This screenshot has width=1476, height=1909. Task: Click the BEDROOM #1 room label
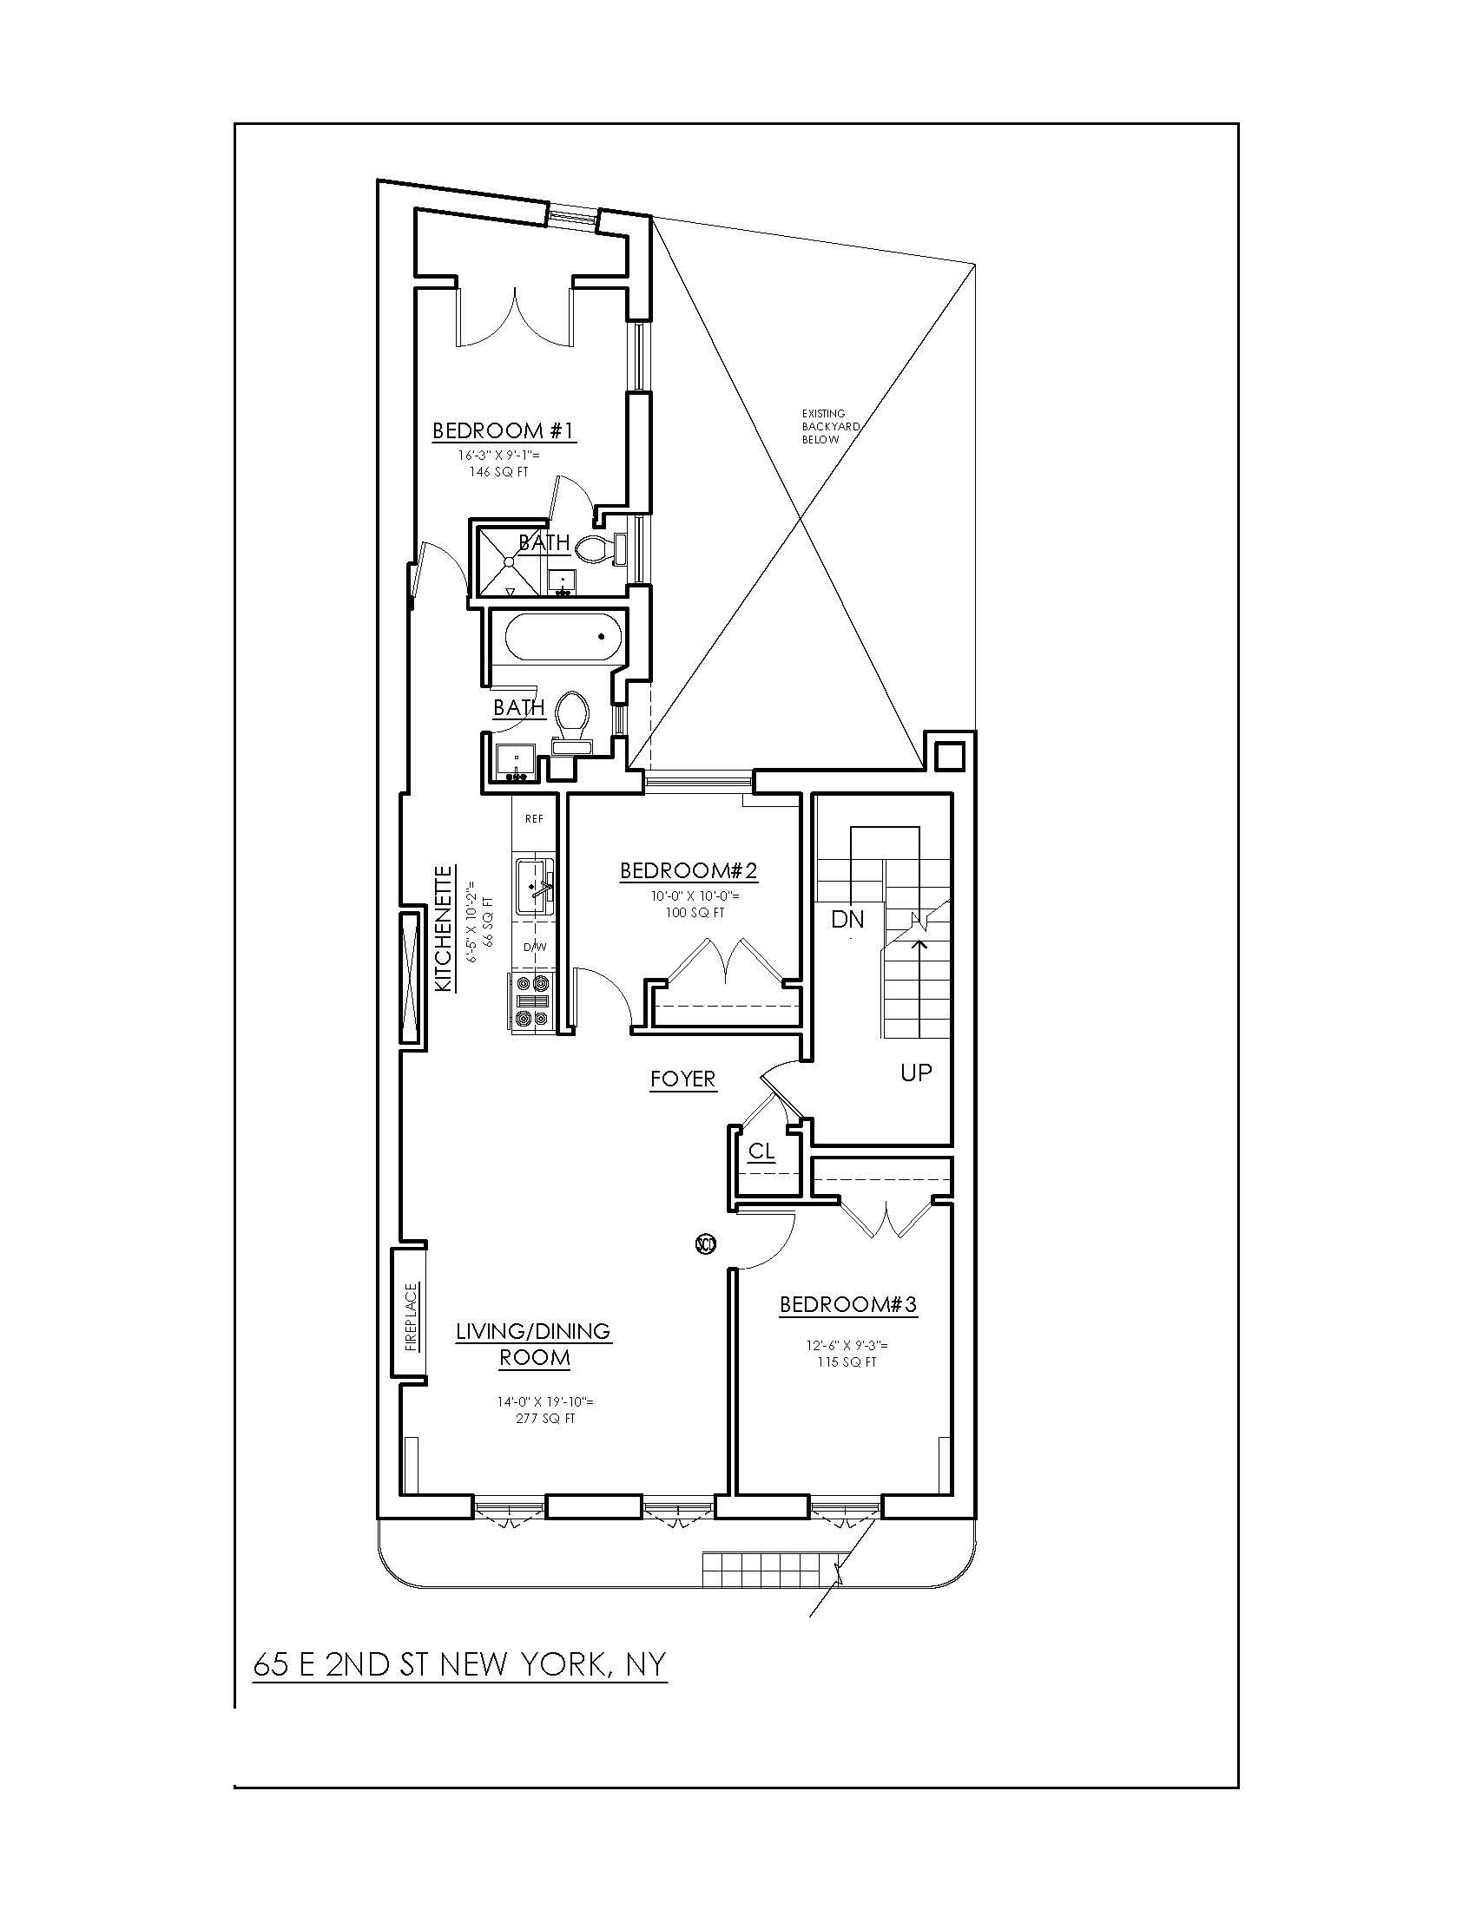point(504,430)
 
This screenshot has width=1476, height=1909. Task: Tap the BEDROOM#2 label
point(689,870)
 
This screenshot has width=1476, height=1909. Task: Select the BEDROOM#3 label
point(848,1305)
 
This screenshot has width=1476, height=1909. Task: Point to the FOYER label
point(683,1079)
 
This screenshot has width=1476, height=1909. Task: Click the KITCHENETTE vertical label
point(445,928)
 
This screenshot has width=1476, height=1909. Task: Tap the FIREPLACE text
point(412,1317)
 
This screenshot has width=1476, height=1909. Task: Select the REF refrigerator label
point(533,819)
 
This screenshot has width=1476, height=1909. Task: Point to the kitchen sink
point(536,886)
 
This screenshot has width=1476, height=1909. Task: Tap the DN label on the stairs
point(847,920)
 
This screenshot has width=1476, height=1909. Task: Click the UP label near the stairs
point(916,1073)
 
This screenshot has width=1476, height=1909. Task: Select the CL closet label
point(761,1152)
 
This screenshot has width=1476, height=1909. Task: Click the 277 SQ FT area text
point(545,1420)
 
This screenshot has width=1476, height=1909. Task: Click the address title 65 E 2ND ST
point(460,1663)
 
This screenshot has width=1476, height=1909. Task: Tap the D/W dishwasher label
point(533,947)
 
